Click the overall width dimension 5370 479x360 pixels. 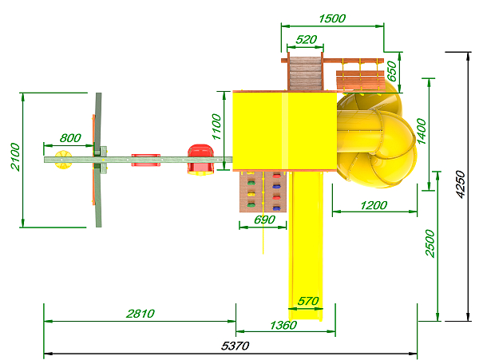tap(236, 346)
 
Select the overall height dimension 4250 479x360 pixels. tap(460, 184)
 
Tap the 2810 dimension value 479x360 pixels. tap(141, 314)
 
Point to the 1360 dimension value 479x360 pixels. tap(283, 325)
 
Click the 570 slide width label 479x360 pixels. tap(308, 302)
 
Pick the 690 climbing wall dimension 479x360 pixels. tap(264, 220)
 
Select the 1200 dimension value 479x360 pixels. tap(374, 205)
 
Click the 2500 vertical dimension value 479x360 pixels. tap(430, 243)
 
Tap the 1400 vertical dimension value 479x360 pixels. tap(422, 131)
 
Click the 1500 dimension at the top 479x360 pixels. tap(332, 18)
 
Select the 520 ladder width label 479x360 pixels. tap(307, 39)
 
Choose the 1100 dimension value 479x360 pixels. tap(216, 126)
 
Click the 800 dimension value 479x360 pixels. tap(70, 138)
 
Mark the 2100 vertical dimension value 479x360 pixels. tap(14, 156)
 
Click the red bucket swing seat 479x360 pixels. tap(200, 160)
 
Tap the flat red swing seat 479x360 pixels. tap(146, 160)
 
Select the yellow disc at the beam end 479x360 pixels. tap(63, 160)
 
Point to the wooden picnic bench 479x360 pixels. tap(361, 80)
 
